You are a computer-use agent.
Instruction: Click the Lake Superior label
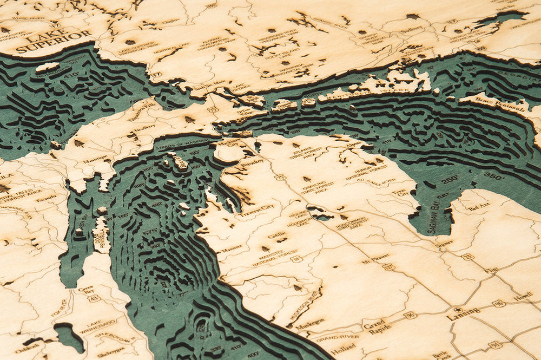click(x=54, y=42)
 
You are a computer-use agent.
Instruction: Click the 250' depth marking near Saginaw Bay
click(x=448, y=179)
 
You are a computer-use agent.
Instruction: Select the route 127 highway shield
click(x=388, y=266)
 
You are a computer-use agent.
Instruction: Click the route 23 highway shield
click(x=468, y=257)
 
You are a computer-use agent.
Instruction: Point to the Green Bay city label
click(x=85, y=290)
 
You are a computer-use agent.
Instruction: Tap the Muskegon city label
click(x=309, y=321)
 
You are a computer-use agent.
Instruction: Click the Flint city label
click(x=491, y=270)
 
